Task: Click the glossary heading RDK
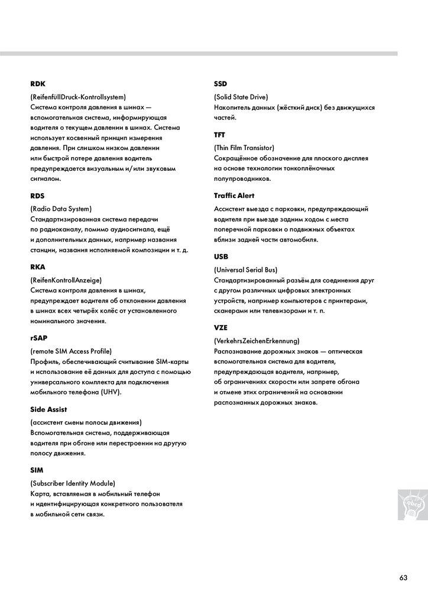[38, 84]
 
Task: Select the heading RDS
[38, 196]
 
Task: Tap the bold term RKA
[38, 267]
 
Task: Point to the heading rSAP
[39, 339]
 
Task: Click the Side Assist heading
[48, 409]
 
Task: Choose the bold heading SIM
[37, 470]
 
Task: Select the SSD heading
[221, 84]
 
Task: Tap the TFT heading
[220, 135]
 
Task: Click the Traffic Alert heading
[234, 196]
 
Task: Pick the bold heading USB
[221, 257]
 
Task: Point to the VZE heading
[221, 328]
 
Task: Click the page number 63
[403, 578]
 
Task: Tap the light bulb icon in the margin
[411, 505]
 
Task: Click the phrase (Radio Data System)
[61, 209]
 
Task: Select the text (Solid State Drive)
[241, 97]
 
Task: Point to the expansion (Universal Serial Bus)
[245, 270]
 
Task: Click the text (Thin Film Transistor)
[244, 148]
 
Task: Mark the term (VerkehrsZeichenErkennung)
[257, 341]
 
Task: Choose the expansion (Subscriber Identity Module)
[73, 483]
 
